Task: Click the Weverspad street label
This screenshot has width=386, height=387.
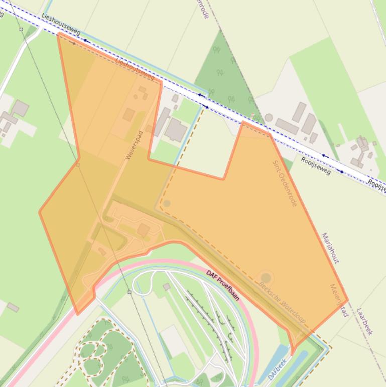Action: (135, 145)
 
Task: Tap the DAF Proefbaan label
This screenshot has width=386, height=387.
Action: (223, 284)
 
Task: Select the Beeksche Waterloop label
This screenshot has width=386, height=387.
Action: (282, 302)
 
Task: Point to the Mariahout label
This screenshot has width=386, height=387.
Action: (330, 248)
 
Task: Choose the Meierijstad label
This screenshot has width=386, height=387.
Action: (339, 300)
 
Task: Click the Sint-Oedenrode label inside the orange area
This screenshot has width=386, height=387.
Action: (285, 183)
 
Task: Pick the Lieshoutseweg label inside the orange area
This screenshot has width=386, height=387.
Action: (135, 68)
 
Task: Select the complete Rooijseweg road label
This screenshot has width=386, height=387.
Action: (316, 165)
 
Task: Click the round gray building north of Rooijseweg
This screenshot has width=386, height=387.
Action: (269, 118)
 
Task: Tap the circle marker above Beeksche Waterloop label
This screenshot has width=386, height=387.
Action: (266, 277)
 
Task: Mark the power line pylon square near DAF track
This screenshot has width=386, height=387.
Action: (129, 292)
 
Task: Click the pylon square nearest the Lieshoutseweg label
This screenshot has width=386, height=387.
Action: (21, 29)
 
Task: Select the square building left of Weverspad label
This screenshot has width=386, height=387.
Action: (128, 115)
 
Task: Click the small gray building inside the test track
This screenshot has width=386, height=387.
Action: (166, 286)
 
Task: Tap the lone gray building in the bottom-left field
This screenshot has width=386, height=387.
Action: (13, 307)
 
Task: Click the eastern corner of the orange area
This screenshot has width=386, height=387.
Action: (347, 301)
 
